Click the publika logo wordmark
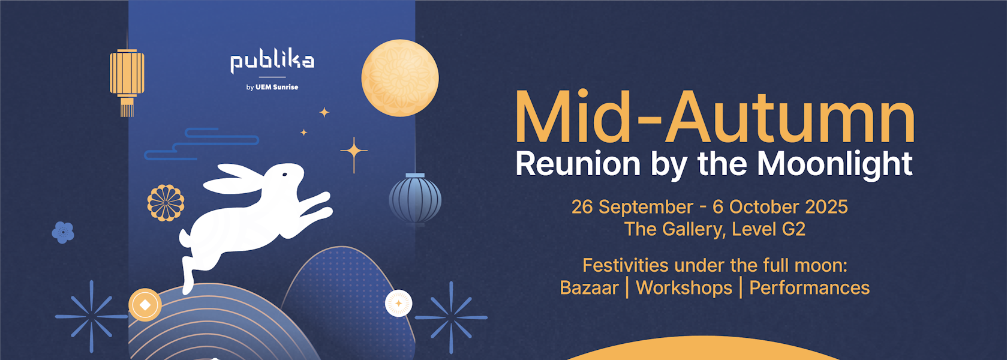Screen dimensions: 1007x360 point(272,63)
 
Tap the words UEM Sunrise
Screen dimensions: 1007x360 point(277,88)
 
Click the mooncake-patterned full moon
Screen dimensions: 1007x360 point(399,78)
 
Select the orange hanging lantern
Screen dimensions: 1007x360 point(127,81)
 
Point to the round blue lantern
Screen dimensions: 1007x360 point(415,198)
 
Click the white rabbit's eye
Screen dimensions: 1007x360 point(284,175)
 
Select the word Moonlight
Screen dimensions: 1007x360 point(835,164)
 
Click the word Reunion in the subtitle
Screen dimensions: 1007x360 point(578,164)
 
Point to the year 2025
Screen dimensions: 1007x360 point(826,207)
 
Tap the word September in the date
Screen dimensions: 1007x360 point(646,208)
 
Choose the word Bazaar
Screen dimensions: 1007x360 point(590,288)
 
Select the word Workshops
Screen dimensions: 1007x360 point(684,289)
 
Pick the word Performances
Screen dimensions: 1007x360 point(809,288)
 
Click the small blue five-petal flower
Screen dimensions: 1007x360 point(63,232)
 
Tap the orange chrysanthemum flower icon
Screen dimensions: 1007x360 point(166,203)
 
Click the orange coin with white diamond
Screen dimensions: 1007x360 point(145,305)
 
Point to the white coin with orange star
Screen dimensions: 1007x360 point(399,304)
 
